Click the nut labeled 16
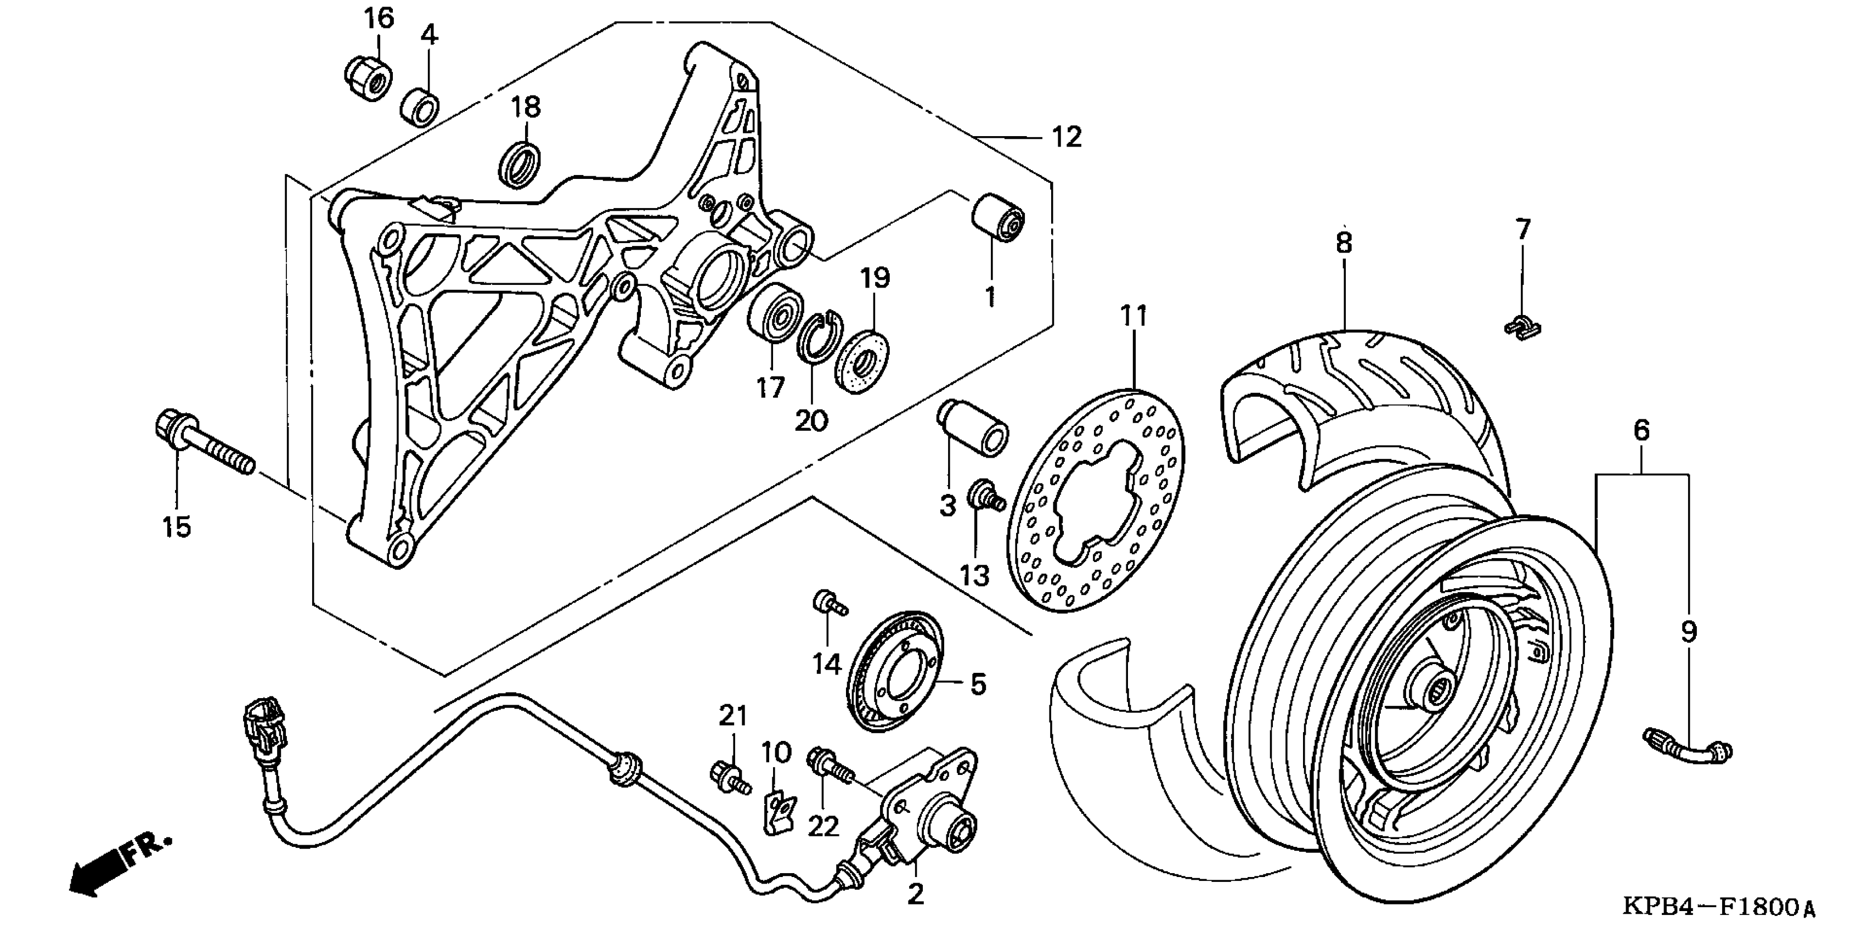click(x=368, y=77)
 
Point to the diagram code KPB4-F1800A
click(x=1718, y=906)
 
